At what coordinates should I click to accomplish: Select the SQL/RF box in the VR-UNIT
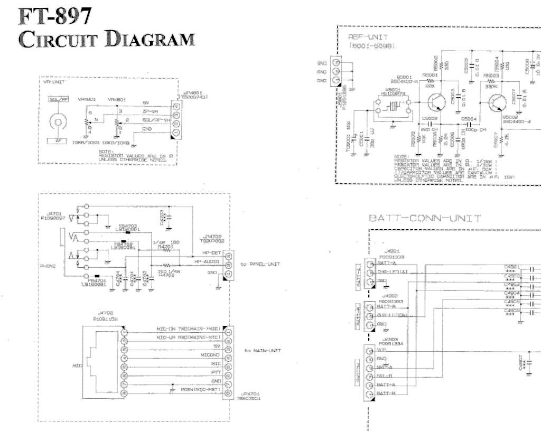(59, 99)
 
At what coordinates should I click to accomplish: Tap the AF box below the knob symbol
(58, 140)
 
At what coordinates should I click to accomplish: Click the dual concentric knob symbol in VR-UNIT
(58, 121)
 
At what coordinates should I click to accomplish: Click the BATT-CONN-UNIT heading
(425, 218)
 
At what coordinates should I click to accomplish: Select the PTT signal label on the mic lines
(216, 372)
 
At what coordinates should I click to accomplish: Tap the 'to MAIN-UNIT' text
(262, 350)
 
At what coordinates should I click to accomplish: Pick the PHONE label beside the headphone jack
(48, 266)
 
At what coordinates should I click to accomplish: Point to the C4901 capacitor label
(512, 266)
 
